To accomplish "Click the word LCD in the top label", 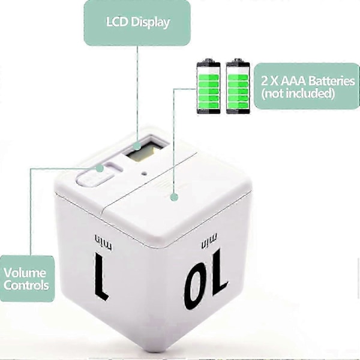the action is [x=117, y=22].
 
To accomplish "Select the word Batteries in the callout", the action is [x=331, y=81].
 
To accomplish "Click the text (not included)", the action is [x=298, y=94].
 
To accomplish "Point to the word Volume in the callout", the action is [x=25, y=273].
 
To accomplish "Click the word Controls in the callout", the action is [x=26, y=286].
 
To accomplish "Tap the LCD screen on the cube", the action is [x=146, y=151].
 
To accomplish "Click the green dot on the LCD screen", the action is [x=137, y=146].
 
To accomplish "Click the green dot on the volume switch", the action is [x=100, y=168].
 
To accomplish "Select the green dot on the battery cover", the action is [x=174, y=197].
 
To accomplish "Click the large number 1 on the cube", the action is [x=102, y=276].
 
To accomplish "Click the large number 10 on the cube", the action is [x=205, y=279].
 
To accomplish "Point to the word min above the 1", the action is [x=103, y=242].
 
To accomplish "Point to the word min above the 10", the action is [x=209, y=241].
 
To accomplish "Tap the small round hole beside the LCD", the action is [x=144, y=173].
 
